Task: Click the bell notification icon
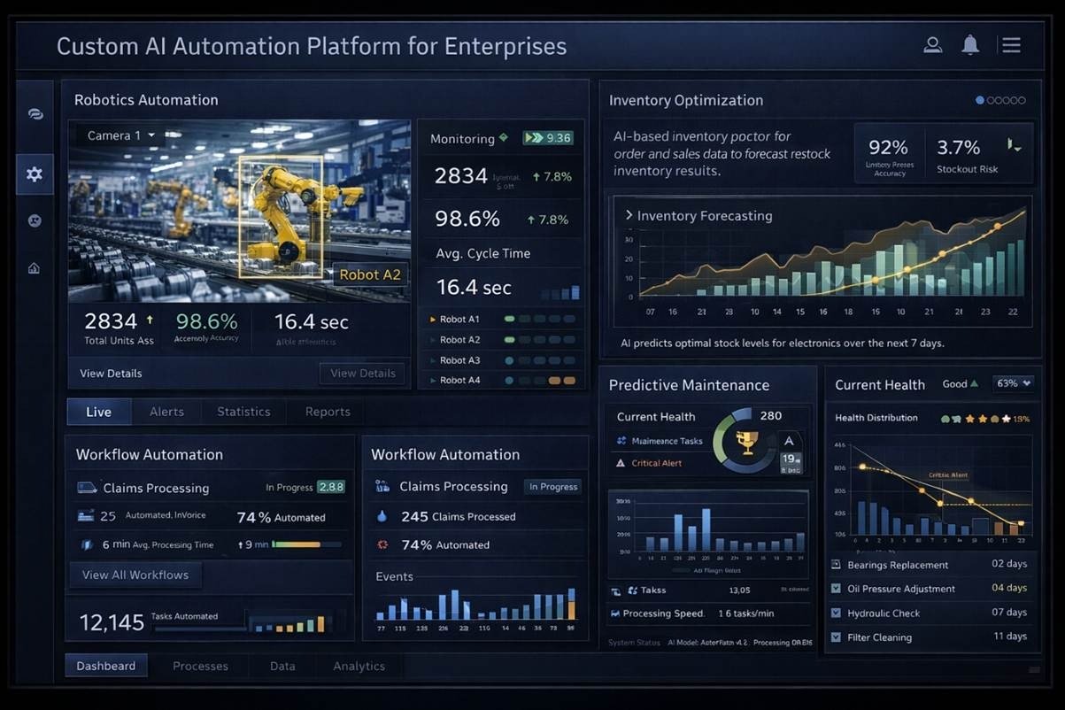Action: pos(971,45)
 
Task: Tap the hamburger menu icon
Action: pos(1011,45)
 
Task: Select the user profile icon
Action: pos(932,45)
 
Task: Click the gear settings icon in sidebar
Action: pos(35,174)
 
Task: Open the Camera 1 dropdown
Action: pos(121,135)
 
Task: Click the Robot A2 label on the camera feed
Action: pos(370,274)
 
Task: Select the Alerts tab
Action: pos(166,412)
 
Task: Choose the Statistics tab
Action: pos(243,412)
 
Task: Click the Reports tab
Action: pos(328,412)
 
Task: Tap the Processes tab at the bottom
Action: pos(200,666)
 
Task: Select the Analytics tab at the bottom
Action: pos(359,666)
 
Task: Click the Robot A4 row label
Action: pos(459,381)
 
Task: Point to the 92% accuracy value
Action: pos(889,147)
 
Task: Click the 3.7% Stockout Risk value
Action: pos(958,147)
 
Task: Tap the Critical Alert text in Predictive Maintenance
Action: pos(656,463)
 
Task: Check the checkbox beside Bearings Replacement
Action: pos(837,565)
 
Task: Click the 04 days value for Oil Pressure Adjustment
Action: pos(1009,588)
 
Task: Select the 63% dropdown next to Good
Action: pos(1014,383)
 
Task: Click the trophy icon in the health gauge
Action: pos(746,440)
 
